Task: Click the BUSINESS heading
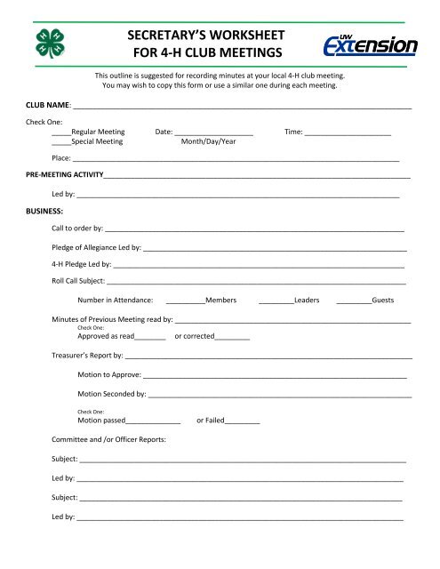44,211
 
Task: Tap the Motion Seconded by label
112,393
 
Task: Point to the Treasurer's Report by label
86,357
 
